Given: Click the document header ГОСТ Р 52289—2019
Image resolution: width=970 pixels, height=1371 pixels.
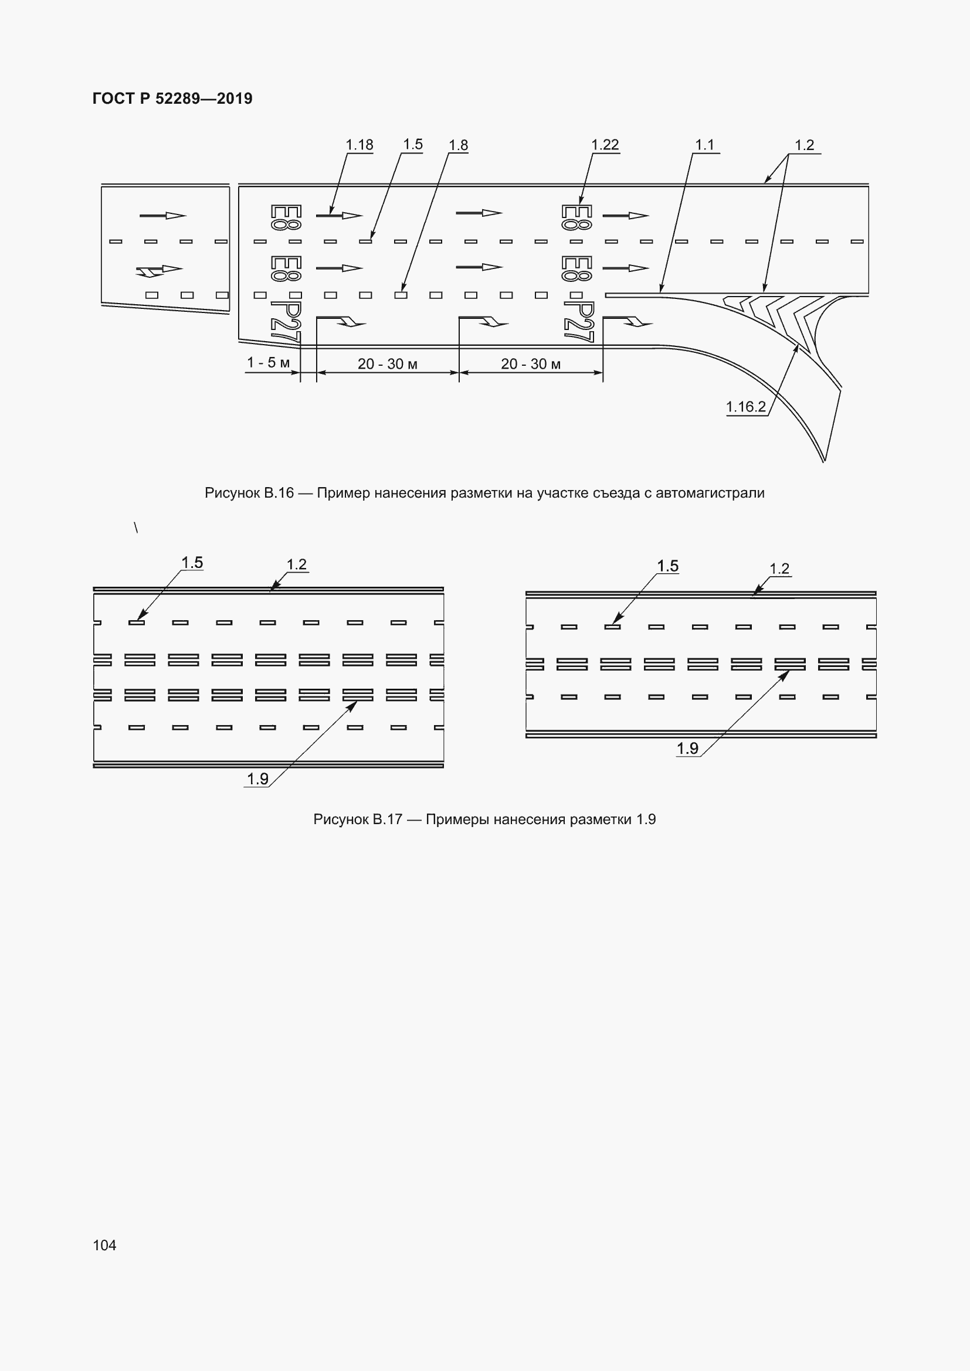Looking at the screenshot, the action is coord(172,98).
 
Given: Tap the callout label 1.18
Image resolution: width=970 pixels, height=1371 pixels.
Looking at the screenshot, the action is coord(359,145).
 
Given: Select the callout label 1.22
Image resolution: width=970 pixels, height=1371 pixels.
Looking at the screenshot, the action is coord(605,145).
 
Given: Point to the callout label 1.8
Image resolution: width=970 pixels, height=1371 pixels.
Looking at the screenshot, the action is coord(458,145).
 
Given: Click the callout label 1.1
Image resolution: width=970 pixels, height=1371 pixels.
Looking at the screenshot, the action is coord(705,145).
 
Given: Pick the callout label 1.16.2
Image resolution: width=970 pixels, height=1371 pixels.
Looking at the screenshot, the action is coord(746,407).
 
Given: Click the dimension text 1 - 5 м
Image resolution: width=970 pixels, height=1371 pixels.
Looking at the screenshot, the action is coord(268,362).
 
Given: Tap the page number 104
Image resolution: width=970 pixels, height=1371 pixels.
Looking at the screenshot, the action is coord(104,1245).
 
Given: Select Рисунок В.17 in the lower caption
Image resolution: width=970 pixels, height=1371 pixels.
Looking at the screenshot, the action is coord(358,819).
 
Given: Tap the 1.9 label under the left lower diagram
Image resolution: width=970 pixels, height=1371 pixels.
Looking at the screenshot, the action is coord(257,778).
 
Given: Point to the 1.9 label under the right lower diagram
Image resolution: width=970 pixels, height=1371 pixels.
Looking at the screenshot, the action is coord(687,749).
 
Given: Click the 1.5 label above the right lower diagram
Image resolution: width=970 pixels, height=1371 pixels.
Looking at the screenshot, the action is coord(668,566).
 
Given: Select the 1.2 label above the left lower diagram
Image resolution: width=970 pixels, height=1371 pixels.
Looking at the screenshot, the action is coord(297,564).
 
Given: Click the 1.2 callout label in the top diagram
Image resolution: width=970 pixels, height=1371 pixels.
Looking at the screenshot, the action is coord(805,145).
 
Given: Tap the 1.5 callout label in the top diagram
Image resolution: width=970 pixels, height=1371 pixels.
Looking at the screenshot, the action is coord(413,145).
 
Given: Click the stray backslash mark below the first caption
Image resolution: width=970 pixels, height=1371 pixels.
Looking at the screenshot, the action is coord(136,528).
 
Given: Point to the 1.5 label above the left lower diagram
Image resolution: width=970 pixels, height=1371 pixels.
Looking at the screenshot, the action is coord(192,563).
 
